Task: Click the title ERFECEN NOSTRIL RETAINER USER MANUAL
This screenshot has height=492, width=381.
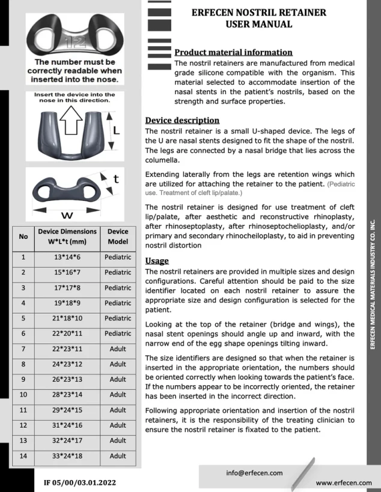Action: point(258,19)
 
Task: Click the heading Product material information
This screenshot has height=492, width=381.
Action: point(233,52)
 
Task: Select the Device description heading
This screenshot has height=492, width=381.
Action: point(182,120)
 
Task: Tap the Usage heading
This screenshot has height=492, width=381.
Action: point(158,261)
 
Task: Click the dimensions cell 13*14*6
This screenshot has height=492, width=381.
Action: point(67,257)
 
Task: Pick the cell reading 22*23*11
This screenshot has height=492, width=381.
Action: point(67,349)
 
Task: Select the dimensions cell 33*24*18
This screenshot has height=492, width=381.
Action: point(67,456)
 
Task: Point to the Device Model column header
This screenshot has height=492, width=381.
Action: point(118,236)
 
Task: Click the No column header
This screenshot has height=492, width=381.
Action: point(23,236)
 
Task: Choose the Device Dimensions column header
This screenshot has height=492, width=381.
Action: point(67,236)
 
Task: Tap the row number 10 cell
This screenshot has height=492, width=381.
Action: point(23,395)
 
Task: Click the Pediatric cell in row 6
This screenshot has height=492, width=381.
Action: point(118,334)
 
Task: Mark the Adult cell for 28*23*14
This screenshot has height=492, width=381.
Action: point(118,395)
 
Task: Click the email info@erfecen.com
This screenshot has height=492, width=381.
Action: point(254,473)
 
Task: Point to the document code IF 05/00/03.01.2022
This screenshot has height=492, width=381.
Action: point(79,482)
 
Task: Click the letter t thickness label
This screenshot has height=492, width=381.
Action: point(116,179)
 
